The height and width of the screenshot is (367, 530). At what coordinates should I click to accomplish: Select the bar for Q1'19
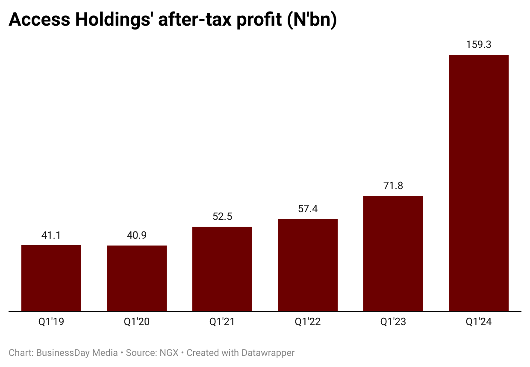click(51, 278)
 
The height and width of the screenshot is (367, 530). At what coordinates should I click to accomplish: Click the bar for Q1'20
click(137, 278)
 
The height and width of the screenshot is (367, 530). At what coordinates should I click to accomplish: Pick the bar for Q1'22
click(308, 265)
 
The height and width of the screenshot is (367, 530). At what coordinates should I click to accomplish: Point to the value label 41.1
click(51, 235)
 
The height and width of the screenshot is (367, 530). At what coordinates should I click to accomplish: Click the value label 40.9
click(137, 235)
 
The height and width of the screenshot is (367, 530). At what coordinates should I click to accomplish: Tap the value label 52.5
click(222, 216)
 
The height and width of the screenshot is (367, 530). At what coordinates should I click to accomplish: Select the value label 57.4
click(308, 209)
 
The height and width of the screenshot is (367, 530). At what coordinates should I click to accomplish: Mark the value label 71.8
click(393, 186)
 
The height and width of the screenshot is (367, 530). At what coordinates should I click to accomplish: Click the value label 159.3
click(479, 44)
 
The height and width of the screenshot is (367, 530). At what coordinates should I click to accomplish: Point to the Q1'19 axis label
click(51, 322)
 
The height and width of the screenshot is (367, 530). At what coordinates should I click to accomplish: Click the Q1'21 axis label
click(222, 322)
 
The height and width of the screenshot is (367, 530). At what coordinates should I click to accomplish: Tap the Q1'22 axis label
click(308, 322)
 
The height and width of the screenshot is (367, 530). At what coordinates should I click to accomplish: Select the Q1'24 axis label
click(479, 322)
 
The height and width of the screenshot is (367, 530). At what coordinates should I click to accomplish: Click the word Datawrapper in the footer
click(268, 353)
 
